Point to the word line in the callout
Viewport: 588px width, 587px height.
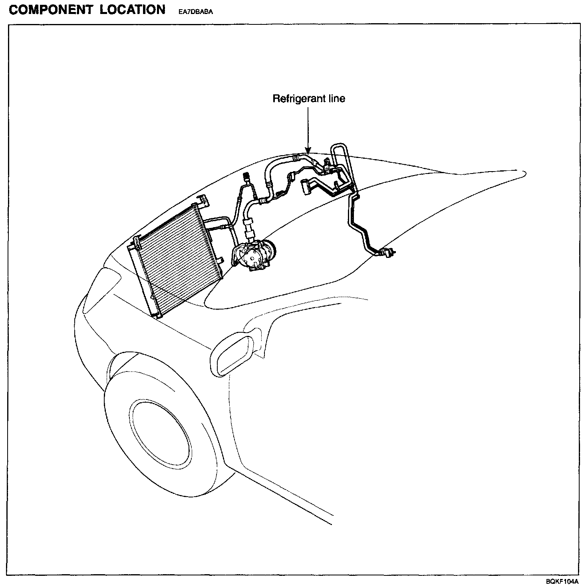pos(335,98)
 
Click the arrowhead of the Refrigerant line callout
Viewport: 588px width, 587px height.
pos(308,151)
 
